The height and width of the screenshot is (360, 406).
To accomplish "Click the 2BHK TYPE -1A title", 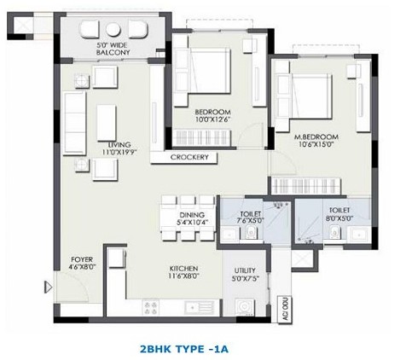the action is (x=184, y=348).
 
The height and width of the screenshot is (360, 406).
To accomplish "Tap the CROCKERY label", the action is (x=189, y=157).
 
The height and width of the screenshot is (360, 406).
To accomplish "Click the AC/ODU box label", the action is (x=285, y=310).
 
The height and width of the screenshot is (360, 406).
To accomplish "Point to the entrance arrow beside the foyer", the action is (x=49, y=287).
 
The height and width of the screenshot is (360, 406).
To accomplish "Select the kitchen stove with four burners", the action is (x=150, y=308).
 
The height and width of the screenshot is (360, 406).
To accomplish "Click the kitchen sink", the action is (x=199, y=308).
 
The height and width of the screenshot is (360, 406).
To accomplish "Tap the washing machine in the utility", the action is (x=245, y=307).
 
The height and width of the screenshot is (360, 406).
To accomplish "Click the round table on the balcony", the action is (x=113, y=30).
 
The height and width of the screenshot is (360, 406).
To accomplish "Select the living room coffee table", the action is (x=107, y=123).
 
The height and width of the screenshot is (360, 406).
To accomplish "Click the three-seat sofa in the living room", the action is (x=75, y=123).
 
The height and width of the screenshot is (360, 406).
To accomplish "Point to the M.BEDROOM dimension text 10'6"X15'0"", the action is (x=316, y=144).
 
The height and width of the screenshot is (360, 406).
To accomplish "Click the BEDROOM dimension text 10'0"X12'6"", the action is (x=212, y=119).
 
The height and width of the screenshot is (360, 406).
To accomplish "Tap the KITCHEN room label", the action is (x=183, y=269).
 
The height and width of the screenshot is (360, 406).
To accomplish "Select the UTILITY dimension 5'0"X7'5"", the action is (x=245, y=279).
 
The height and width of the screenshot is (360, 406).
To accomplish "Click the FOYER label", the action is (x=82, y=259).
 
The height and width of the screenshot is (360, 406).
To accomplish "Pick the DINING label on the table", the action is (x=192, y=215).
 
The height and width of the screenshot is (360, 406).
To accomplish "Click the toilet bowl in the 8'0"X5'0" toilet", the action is (x=334, y=232).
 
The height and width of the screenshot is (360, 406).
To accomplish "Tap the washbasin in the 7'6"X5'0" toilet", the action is (x=229, y=235).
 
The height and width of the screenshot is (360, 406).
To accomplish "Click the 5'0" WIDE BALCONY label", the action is (x=113, y=49).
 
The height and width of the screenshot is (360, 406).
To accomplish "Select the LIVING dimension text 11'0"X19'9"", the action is (x=119, y=152).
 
